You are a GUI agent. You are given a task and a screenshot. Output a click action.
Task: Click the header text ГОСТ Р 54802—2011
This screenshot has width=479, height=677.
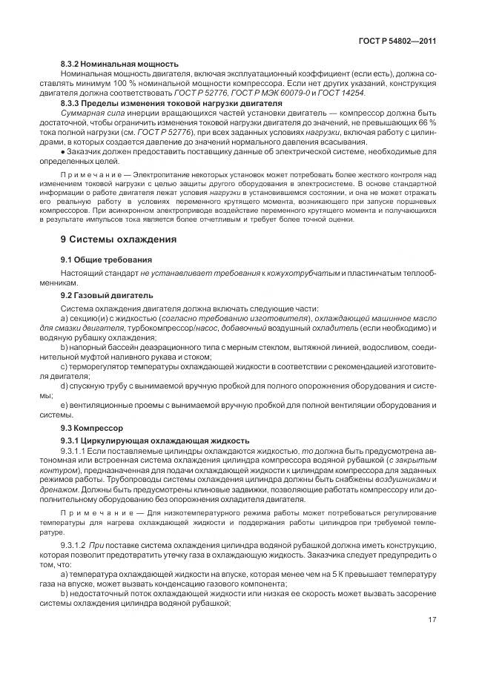[394, 42]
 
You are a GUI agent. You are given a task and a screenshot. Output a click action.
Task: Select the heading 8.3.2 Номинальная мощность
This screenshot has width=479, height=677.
[119, 65]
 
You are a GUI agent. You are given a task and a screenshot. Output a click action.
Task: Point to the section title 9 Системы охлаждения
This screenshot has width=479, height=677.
[118, 239]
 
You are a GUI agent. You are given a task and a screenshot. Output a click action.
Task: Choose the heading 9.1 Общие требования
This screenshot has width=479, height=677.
[106, 260]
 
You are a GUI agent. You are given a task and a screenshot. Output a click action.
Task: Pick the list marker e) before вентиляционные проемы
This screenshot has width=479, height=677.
[65, 405]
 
